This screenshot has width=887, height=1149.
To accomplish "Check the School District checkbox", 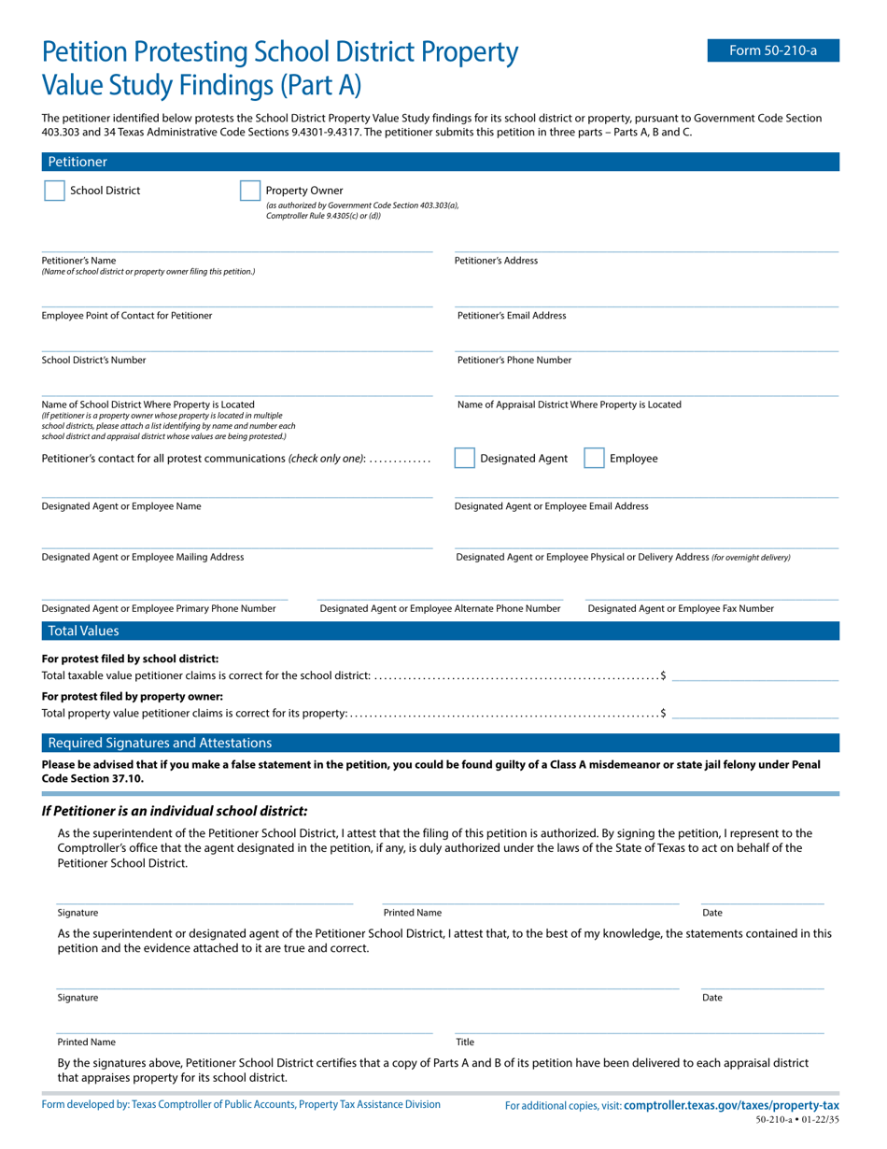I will pos(54,191).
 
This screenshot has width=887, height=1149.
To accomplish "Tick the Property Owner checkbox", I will pos(249,191).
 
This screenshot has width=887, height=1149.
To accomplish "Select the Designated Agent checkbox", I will pos(464,458).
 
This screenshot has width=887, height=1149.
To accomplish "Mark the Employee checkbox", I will pos(594,458).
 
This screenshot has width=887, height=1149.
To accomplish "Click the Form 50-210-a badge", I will pos(772,50).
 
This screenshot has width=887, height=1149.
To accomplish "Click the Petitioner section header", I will pos(77,162).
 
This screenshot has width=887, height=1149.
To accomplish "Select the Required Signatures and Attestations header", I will pos(160,743).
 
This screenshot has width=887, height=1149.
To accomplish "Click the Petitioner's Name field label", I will pos(79,261).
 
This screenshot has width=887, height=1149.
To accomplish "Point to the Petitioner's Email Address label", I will pos(512,316).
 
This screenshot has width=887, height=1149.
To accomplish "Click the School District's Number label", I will pos(93,360).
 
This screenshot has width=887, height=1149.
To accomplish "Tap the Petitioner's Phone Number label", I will pos(514,360).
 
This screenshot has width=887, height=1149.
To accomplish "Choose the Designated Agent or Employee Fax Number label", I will pos(681,608).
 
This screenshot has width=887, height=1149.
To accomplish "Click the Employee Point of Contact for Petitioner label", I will pos(127,316).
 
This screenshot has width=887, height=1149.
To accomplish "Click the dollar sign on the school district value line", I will pos(663,675).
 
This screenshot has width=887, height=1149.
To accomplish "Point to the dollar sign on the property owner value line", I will pos(663,714).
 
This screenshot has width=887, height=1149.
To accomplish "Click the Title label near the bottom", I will pos(465,1042).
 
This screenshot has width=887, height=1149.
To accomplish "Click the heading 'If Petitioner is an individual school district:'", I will pos(175,811).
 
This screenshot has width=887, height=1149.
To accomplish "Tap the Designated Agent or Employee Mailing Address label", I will pos(143,557).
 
